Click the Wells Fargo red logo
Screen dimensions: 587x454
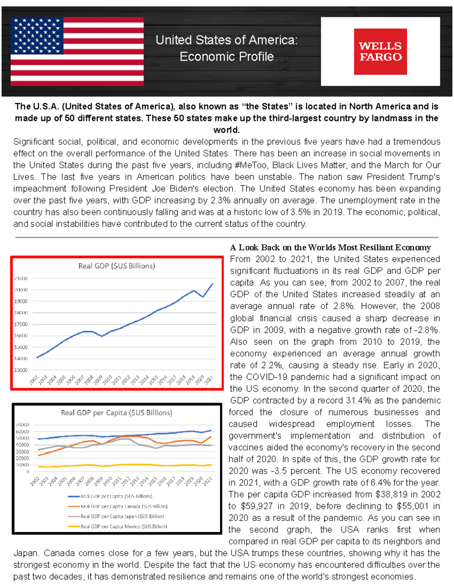(380, 51)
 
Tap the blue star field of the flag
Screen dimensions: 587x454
(37, 35)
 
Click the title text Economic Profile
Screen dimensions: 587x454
(226, 57)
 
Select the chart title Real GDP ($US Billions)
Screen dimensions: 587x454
(117, 266)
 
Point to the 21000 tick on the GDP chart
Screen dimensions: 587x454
(21, 279)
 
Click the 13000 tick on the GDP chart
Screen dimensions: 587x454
(21, 370)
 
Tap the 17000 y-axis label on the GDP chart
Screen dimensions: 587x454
(21, 324)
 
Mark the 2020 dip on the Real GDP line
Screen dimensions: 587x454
(203, 297)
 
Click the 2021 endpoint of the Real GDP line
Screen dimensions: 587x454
(212, 284)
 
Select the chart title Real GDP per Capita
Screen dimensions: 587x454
(117, 412)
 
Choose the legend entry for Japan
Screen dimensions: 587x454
(122, 516)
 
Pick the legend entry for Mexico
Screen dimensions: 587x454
(123, 526)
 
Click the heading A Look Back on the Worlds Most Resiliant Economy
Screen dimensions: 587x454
(330, 248)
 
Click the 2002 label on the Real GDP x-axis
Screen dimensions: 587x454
(34, 379)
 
